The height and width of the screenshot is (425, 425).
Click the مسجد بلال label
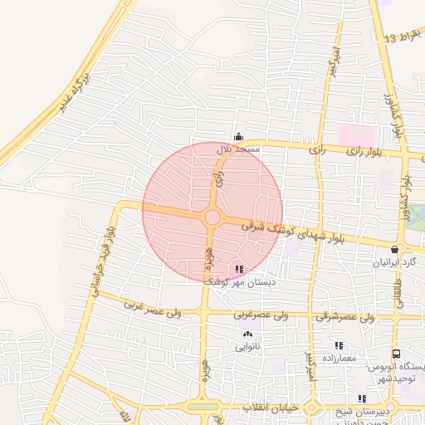tap(239, 149)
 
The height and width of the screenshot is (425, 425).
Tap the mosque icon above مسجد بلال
tap(239, 138)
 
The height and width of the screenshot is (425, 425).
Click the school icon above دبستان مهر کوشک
tap(239, 269)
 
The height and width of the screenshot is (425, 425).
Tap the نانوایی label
tap(247, 348)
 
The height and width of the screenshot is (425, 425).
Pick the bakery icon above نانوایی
tap(247, 335)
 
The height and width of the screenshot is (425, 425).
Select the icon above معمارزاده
tap(339, 345)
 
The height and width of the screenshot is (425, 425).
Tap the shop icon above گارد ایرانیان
tap(393, 249)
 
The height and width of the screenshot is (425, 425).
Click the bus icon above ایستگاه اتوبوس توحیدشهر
tap(397, 354)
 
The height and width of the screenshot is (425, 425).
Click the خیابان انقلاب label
tap(261, 409)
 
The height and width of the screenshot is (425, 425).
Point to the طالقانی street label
tap(398, 295)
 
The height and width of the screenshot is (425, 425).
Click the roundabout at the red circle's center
tap(212, 218)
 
